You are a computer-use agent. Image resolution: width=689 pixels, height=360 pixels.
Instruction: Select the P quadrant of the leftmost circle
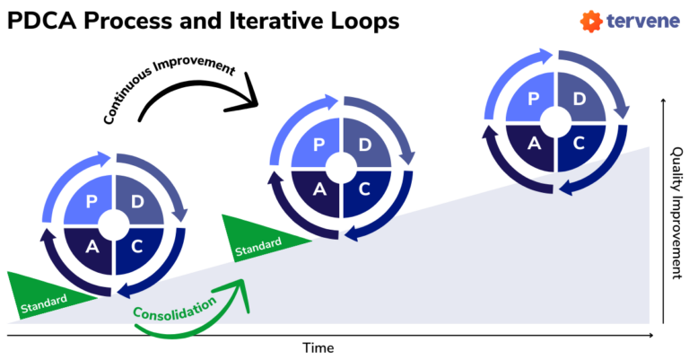coord(91,203)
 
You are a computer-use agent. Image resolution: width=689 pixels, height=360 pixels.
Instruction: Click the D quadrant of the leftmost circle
coord(137,203)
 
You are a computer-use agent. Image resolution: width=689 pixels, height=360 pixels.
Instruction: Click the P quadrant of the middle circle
coord(318,145)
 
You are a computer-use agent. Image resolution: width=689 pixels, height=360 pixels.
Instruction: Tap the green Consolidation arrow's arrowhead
coord(240,286)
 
